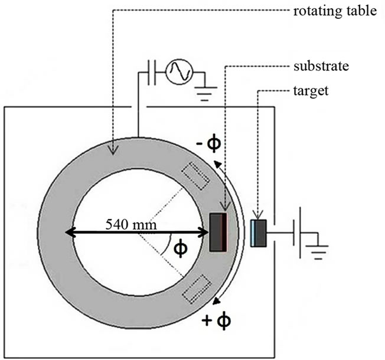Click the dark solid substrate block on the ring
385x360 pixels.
pos(218,232)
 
